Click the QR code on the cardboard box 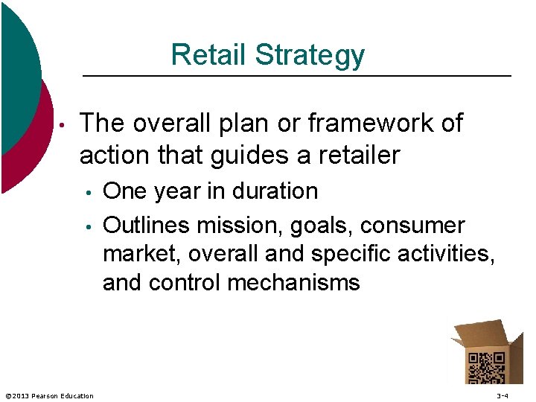(x=485, y=367)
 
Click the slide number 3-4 (x=502, y=395)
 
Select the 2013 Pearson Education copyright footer (x=49, y=395)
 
